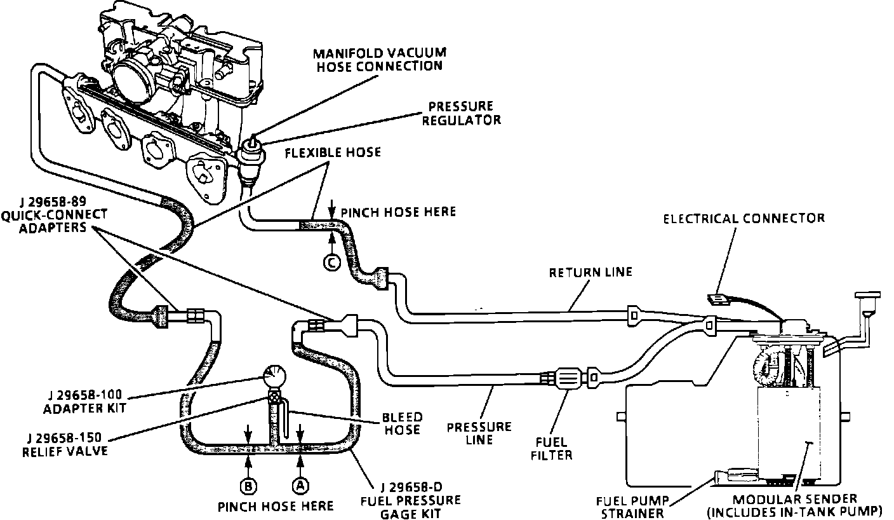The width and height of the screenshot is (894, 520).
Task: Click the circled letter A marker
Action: (300, 485)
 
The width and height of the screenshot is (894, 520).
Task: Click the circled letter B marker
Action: (248, 486)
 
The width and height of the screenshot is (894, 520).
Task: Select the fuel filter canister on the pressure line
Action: (568, 377)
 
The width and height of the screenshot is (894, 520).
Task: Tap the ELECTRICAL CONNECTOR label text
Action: (744, 219)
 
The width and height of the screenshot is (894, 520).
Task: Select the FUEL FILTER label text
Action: (554, 448)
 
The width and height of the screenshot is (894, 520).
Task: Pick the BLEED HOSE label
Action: (401, 423)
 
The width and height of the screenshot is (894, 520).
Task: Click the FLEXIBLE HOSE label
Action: (333, 153)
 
